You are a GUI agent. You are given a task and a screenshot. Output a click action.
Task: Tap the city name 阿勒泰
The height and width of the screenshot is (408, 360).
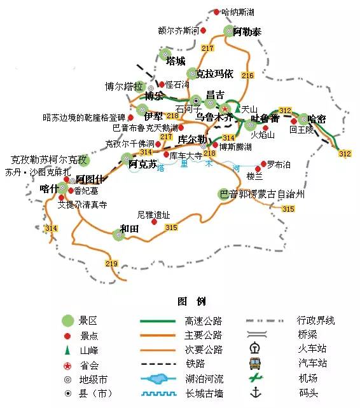247,32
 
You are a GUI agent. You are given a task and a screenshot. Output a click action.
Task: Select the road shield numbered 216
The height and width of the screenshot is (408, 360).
247,76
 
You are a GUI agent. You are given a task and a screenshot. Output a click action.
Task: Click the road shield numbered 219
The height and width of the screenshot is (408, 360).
112,264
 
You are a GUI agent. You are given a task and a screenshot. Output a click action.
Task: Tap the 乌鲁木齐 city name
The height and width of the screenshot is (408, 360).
214,118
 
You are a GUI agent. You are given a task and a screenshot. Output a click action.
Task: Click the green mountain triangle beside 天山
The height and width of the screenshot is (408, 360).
237,109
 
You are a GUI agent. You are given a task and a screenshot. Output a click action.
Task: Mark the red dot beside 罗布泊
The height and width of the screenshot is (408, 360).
263,164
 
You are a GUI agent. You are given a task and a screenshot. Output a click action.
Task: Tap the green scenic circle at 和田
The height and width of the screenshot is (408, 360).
118,235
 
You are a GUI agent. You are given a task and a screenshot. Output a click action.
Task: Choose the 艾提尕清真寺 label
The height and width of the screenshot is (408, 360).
82,205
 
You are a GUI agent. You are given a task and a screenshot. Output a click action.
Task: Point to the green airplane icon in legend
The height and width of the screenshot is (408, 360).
256,378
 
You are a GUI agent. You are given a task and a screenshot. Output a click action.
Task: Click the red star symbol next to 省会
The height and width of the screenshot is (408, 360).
67,365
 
